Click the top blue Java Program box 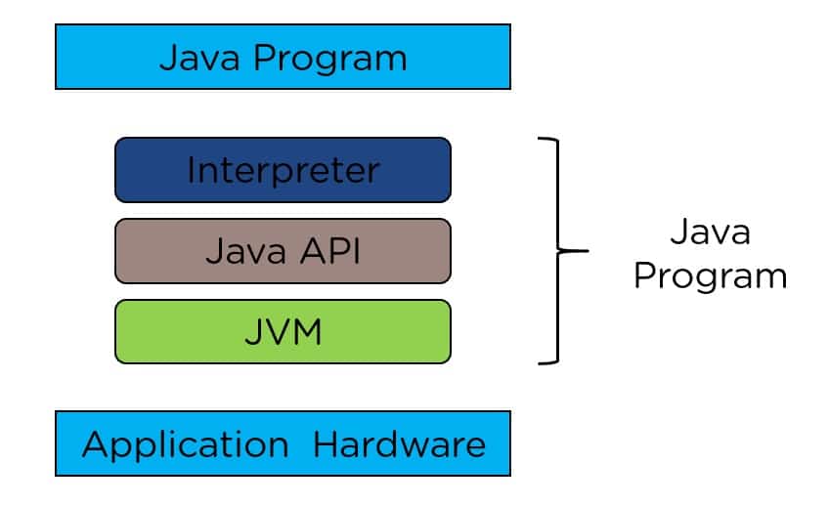[283, 57]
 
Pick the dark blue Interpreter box [283, 170]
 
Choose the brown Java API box [283, 250]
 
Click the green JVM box [283, 331]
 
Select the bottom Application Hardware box [283, 443]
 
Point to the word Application [185, 445]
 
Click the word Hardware [399, 444]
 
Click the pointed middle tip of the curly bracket [588, 251]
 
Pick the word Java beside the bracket [710, 232]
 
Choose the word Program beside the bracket [710, 275]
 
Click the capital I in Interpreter [191, 170]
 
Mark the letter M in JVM [305, 331]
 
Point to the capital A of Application [96, 444]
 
